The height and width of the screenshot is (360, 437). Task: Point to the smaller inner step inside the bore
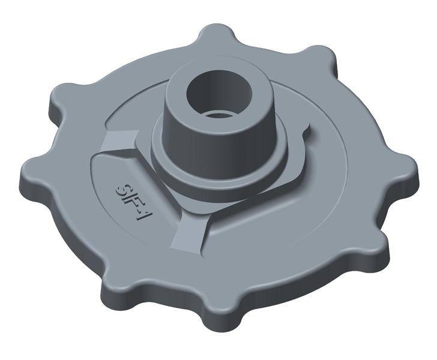[x=217, y=113]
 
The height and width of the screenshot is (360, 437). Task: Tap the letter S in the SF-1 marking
[x=122, y=185]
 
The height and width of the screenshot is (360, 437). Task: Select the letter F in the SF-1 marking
[x=130, y=199]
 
